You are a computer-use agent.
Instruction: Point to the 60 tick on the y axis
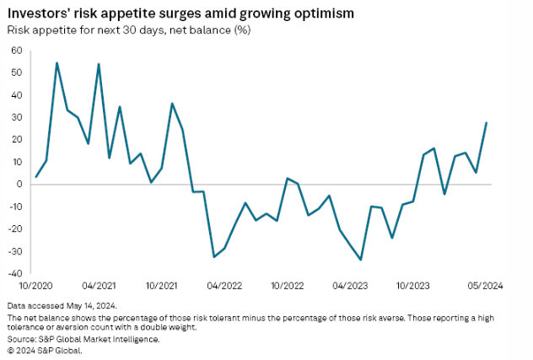(x=16, y=51)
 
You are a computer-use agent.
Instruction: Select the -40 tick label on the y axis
(x=14, y=273)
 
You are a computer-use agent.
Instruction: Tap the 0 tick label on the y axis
(x=19, y=184)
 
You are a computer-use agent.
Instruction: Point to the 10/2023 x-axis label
(x=417, y=286)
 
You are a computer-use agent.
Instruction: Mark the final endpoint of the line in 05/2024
(x=487, y=122)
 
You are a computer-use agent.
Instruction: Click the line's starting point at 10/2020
(x=35, y=177)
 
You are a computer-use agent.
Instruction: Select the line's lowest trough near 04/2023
(x=361, y=260)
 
